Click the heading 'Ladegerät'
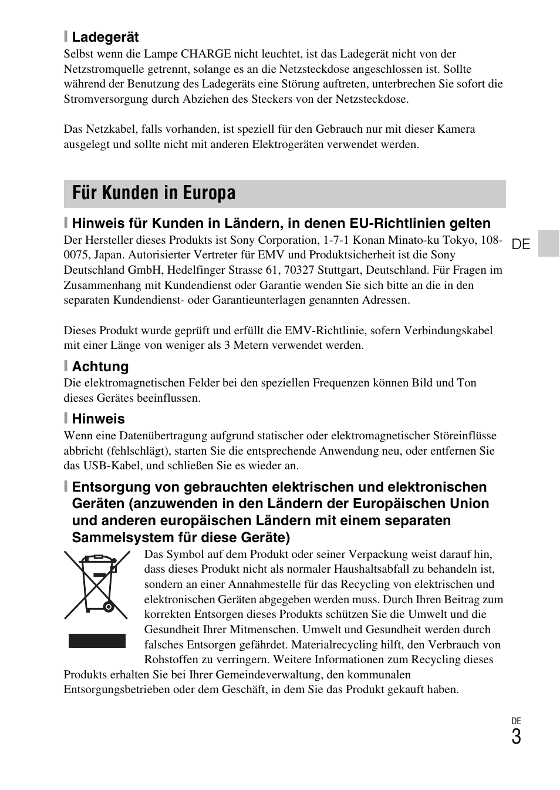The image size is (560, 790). [x=105, y=37]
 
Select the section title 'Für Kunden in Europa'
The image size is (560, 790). [x=154, y=193]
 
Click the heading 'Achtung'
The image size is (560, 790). [x=100, y=367]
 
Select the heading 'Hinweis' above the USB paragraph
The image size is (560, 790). [x=98, y=419]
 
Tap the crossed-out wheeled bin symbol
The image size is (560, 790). [x=97, y=585]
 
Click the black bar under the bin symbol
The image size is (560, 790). [x=97, y=640]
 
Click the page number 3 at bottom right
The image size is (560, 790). [x=515, y=737]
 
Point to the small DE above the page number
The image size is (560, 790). [x=516, y=721]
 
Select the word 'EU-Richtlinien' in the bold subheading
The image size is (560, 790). [x=397, y=223]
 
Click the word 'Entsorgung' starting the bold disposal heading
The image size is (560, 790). [x=110, y=487]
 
